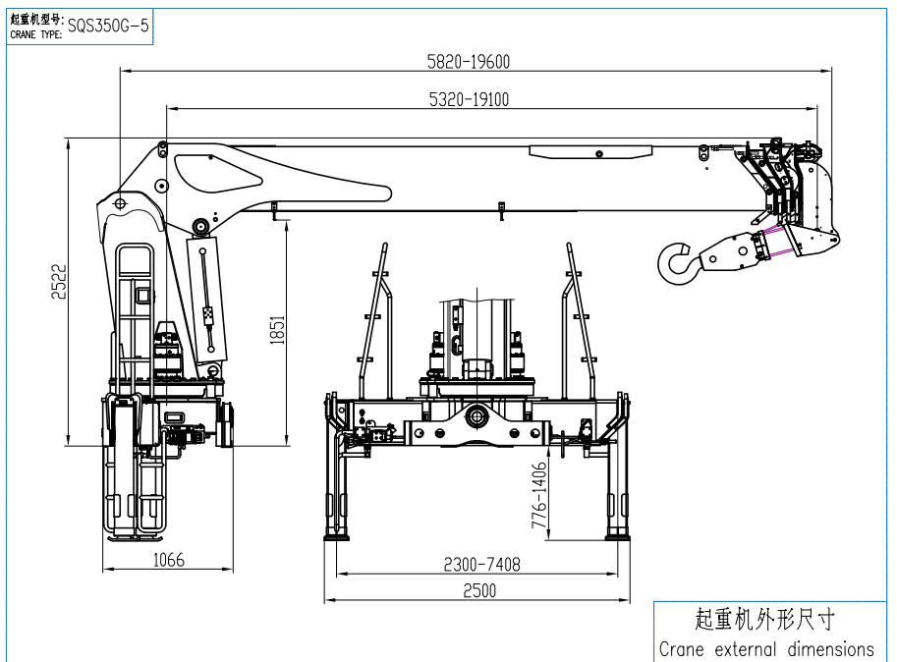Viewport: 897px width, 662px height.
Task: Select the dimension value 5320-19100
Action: click(469, 98)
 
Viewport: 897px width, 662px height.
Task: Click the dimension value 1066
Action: click(167, 560)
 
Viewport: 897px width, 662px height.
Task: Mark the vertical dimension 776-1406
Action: click(538, 496)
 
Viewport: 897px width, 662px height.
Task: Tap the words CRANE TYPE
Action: click(36, 34)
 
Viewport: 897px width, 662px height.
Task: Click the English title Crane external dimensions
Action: click(766, 648)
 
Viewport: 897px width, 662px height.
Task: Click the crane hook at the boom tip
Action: click(678, 260)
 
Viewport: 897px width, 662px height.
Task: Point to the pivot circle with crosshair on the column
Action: click(120, 203)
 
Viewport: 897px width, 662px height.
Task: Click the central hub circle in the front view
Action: click(477, 416)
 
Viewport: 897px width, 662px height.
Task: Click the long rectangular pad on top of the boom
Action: click(589, 152)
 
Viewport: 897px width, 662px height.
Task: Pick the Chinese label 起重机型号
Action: click(36, 19)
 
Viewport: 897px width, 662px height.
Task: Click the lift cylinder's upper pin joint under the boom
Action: click(200, 227)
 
